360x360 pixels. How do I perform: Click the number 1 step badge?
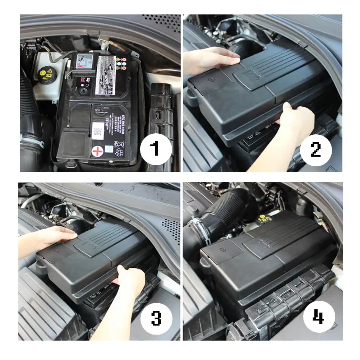155,148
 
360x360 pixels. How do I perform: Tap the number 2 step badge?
315,148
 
